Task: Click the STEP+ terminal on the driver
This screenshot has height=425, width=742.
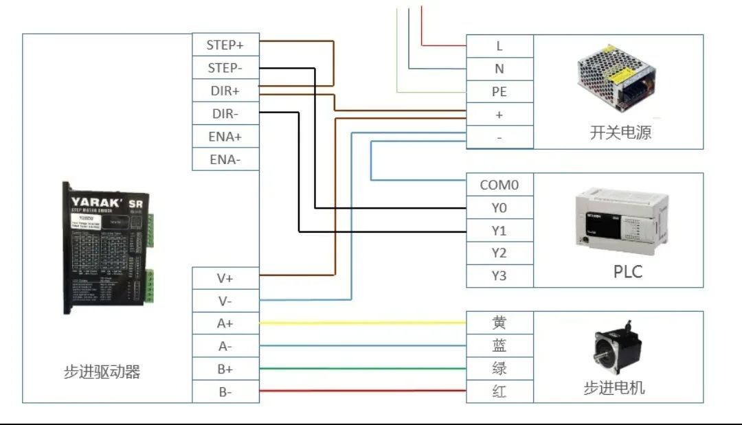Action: (x=225, y=45)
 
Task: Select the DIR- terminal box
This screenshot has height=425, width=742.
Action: (x=225, y=113)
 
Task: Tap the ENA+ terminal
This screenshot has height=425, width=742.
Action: (x=225, y=137)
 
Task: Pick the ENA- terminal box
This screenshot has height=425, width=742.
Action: (x=225, y=160)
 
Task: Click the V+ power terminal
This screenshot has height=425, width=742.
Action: (x=225, y=278)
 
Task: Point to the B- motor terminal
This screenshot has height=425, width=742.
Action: (x=225, y=392)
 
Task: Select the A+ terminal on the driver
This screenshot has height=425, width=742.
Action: (x=225, y=323)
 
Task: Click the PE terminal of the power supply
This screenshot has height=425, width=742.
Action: (x=499, y=91)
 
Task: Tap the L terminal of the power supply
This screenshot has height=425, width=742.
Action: (x=499, y=46)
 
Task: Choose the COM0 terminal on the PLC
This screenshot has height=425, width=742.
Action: (x=499, y=185)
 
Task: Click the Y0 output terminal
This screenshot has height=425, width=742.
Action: (x=499, y=207)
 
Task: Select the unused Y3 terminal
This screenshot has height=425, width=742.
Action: (x=499, y=276)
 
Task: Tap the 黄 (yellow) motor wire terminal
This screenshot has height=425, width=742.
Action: (x=499, y=322)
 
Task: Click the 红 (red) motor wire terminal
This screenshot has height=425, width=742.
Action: (x=499, y=391)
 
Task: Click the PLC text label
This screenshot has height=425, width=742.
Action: (x=627, y=272)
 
